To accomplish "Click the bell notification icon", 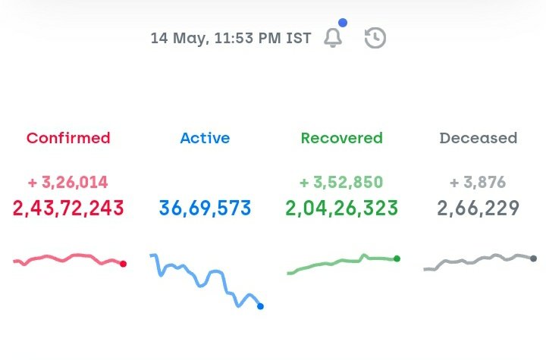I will pyautogui.click(x=332, y=39).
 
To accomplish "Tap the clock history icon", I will pyautogui.click(x=375, y=38).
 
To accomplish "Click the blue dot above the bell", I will pyautogui.click(x=342, y=23).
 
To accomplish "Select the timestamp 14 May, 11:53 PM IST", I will pyautogui.click(x=231, y=39).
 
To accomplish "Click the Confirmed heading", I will pyautogui.click(x=68, y=138).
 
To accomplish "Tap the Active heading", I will pyautogui.click(x=205, y=138).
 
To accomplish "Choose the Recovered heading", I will pyautogui.click(x=341, y=138).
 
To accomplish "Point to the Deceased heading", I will pyautogui.click(x=479, y=138).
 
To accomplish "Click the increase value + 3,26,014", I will pyautogui.click(x=67, y=182).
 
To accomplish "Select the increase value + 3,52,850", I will pyautogui.click(x=341, y=182).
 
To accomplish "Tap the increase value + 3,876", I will pyautogui.click(x=478, y=182).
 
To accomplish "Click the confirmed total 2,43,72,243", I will pyautogui.click(x=68, y=208).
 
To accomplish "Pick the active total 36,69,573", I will pyautogui.click(x=205, y=208).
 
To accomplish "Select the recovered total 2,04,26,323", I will pyautogui.click(x=341, y=208).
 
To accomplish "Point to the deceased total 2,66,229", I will pyautogui.click(x=478, y=208).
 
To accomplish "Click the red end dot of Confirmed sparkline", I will pyautogui.click(x=123, y=264).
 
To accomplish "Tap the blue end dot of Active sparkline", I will pyautogui.click(x=260, y=306).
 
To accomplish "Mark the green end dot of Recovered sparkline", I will pyautogui.click(x=397, y=258).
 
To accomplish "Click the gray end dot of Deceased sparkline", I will pyautogui.click(x=533, y=258).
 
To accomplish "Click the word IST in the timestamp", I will pyautogui.click(x=298, y=39).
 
